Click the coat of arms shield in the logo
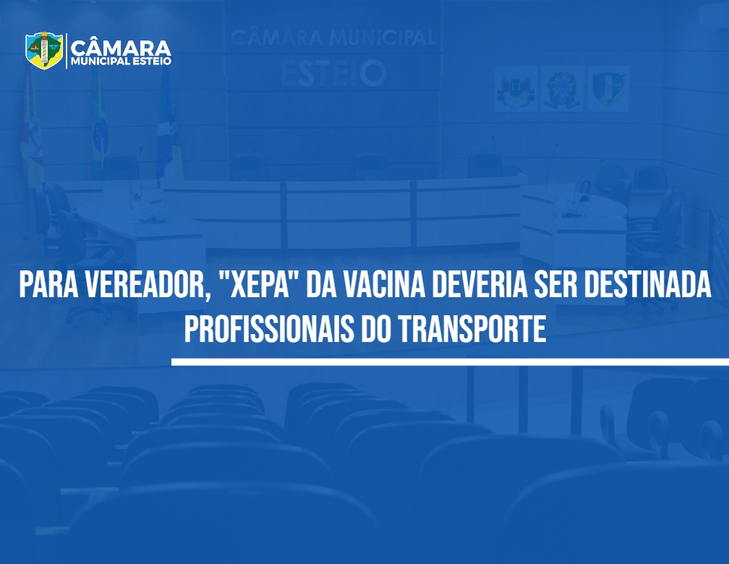click(44, 50)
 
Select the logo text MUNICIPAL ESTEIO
click(121, 61)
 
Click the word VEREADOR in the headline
click(145, 285)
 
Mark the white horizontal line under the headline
click(450, 362)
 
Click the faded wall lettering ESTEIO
click(333, 74)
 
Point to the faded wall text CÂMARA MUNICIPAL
click(333, 38)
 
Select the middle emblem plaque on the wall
click(562, 88)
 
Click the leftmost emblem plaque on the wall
click(516, 88)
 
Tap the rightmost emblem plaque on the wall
click(609, 88)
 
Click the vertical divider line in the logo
click(67, 51)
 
